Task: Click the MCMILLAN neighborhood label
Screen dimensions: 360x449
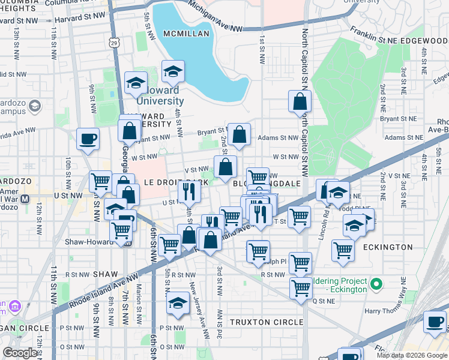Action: (x=187, y=34)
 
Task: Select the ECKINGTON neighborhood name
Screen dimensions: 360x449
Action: (x=388, y=247)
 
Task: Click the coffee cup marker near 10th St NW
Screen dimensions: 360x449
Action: (x=88, y=139)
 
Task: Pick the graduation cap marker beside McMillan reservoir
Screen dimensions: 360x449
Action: (x=173, y=71)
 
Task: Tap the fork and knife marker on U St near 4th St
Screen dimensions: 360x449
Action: (x=188, y=192)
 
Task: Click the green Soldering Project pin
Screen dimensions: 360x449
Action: (x=376, y=282)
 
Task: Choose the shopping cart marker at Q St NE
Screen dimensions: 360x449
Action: (x=301, y=287)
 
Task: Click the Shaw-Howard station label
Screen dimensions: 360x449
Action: (x=90, y=243)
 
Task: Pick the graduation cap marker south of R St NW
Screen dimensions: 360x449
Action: (x=178, y=303)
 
